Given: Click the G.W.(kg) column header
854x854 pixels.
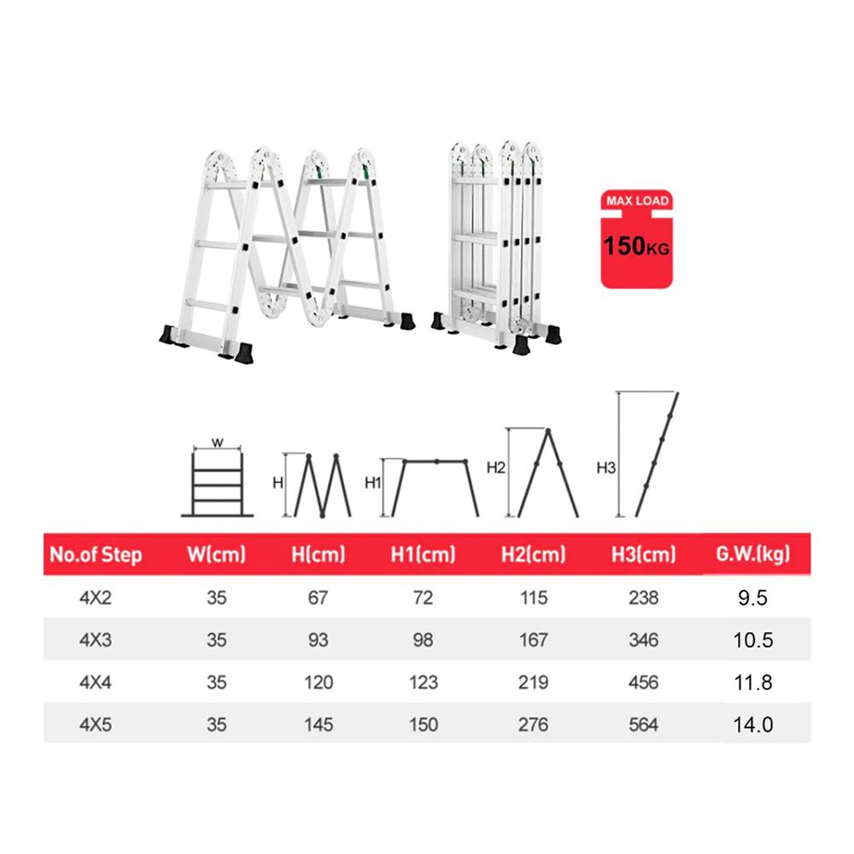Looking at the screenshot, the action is click(x=752, y=554).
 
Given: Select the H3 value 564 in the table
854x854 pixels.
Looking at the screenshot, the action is click(x=643, y=725).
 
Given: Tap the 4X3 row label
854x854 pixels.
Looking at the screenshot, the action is click(x=96, y=640).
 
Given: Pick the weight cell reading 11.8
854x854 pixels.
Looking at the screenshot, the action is click(x=752, y=682).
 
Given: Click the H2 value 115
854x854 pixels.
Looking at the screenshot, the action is click(x=533, y=598).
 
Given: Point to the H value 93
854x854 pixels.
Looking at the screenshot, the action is click(x=318, y=640).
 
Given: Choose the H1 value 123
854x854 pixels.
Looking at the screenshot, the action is click(x=424, y=682).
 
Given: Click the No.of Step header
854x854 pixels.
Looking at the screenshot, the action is click(x=96, y=554).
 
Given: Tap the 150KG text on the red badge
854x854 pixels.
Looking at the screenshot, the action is click(x=636, y=246).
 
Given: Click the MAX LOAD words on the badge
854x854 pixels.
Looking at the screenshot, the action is click(x=637, y=201).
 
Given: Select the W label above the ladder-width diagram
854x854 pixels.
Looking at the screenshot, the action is click(x=217, y=442).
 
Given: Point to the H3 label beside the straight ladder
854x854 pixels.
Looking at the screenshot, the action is click(x=605, y=468).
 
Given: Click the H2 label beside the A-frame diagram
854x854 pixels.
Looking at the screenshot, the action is click(x=495, y=468).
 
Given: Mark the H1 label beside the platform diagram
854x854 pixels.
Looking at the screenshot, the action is click(x=373, y=483).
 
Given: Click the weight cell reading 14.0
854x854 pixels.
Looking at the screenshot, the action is click(x=752, y=725).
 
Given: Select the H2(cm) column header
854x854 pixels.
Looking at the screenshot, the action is click(x=533, y=554).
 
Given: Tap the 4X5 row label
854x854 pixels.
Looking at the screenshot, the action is click(x=96, y=725).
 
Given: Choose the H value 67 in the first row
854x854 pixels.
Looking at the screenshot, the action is click(x=318, y=598).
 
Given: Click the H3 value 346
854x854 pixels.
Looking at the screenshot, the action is click(x=643, y=640).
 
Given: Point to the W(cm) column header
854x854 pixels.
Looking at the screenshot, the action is click(x=216, y=554).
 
